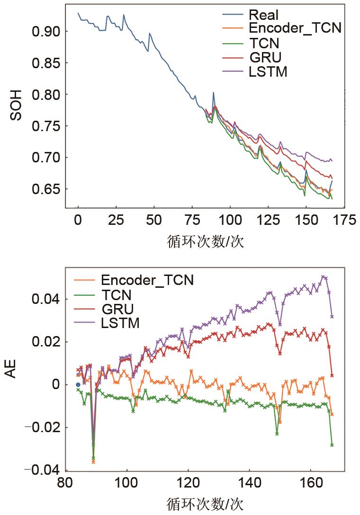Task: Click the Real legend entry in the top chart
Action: click(x=264, y=15)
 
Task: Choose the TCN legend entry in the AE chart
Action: click(x=117, y=295)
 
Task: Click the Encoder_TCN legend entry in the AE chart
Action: click(x=147, y=280)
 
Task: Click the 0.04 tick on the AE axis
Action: click(x=45, y=300)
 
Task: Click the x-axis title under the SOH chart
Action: click(x=205, y=242)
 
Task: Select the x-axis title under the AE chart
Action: click(x=205, y=504)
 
